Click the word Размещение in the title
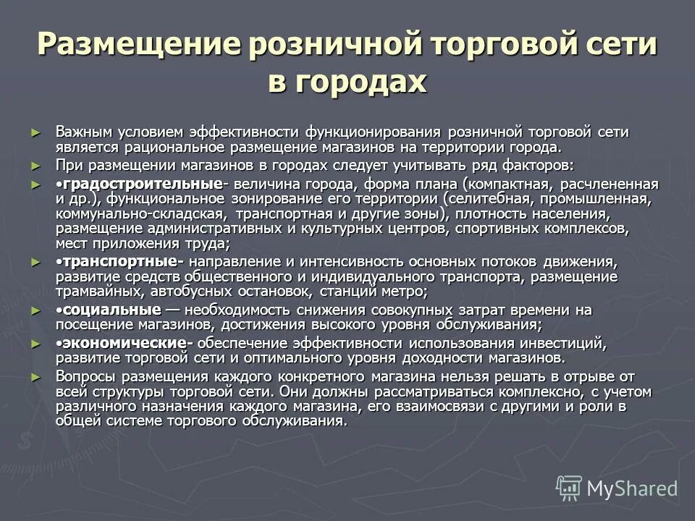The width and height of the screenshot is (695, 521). pos(140,44)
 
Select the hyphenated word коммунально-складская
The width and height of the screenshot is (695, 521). pos(140,213)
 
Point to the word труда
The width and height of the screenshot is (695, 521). pos(206,244)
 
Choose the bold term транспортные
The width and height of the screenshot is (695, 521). pos(119,260)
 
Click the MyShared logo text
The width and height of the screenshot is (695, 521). pos(631,488)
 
